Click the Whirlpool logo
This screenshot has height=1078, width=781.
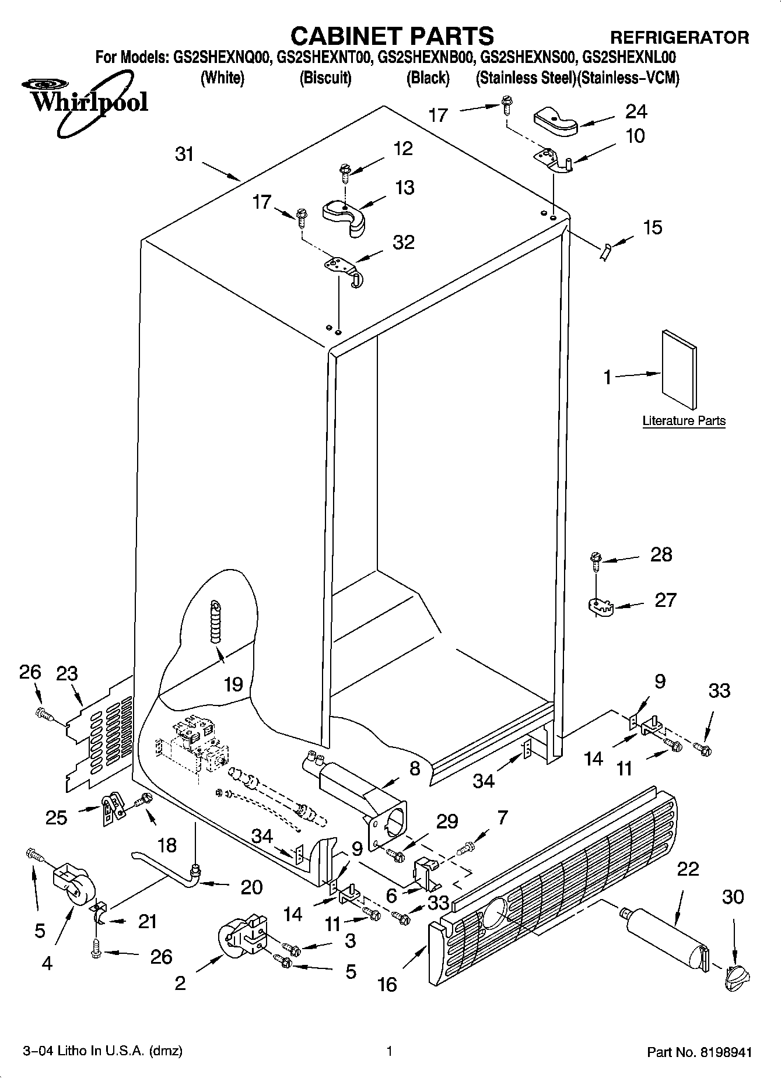[x=87, y=102]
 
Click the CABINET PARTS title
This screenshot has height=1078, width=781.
[x=392, y=36]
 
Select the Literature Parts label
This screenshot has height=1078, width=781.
[x=684, y=420]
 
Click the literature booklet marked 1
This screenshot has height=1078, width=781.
[x=679, y=370]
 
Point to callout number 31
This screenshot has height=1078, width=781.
[x=184, y=155]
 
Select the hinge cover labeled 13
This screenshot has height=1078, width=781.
[x=345, y=216]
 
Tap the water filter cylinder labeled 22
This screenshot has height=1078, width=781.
[x=665, y=941]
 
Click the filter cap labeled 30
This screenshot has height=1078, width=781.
[x=736, y=976]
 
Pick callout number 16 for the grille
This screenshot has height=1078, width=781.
[x=387, y=985]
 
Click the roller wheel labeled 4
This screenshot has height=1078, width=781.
[x=72, y=889]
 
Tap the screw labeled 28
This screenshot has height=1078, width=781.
[x=596, y=561]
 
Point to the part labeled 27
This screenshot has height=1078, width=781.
[x=598, y=606]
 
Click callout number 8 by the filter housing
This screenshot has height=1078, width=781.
[x=415, y=769]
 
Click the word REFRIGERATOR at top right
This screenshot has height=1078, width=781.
[x=680, y=38]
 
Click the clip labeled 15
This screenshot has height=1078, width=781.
[x=605, y=252]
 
